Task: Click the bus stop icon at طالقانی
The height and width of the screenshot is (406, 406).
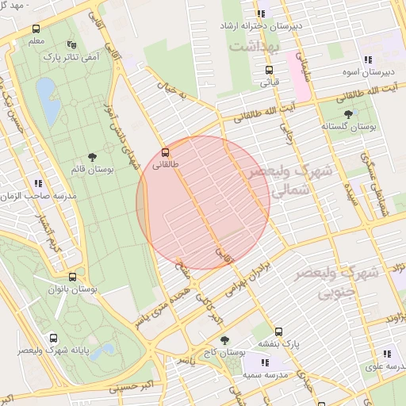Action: pos(165,151)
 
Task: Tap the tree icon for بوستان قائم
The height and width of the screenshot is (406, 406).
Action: pos(92,157)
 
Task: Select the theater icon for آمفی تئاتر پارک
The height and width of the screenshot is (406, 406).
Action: pos(72,44)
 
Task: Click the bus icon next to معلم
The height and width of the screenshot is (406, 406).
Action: pos(36,28)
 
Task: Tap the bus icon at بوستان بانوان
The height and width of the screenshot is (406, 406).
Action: pos(72,277)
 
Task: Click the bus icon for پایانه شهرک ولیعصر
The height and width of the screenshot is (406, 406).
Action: pos(53,337)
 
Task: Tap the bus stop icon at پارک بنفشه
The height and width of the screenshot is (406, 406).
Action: pos(278,331)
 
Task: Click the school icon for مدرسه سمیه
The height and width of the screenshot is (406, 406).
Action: pos(265,360)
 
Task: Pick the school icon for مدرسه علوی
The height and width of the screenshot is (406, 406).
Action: pos(387,354)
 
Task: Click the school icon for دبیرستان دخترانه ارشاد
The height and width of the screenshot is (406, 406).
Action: pos(261,13)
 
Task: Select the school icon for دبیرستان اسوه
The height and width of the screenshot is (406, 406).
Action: pos(367,59)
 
